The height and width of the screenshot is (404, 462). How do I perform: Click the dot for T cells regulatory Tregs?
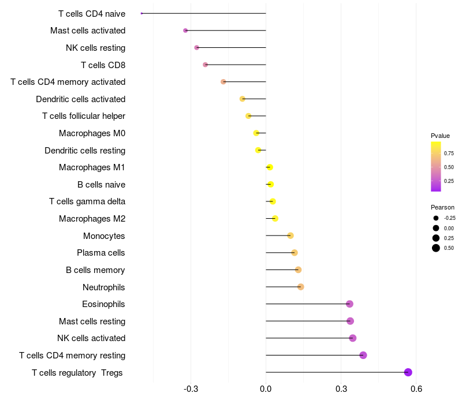point(408,372)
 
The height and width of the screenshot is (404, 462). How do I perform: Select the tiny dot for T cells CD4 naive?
point(141,13)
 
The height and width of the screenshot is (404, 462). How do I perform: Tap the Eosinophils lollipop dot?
point(349,304)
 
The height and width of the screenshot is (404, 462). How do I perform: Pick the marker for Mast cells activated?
point(185,31)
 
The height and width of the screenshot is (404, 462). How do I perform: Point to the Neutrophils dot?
point(301,287)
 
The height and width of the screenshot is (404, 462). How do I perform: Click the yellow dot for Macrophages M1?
point(270,167)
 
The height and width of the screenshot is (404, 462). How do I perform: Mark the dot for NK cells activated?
point(353,338)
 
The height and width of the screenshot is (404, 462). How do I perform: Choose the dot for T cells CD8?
point(206,65)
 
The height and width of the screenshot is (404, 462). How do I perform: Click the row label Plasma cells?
point(101,253)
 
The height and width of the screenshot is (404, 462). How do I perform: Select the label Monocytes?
point(104,236)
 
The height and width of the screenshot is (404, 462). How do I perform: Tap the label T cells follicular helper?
point(84,116)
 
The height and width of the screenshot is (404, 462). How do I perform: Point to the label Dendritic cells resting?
point(85,151)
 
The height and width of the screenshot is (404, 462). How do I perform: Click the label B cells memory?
point(96,270)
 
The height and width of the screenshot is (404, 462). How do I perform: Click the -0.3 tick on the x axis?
point(191,389)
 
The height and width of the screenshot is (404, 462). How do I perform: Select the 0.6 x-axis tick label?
point(416,389)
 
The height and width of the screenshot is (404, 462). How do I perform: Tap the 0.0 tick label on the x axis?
point(266,389)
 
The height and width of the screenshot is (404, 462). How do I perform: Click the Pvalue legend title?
point(440,136)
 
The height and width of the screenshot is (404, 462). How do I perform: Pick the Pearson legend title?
point(442,207)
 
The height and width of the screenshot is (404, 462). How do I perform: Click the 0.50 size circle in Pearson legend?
point(435,248)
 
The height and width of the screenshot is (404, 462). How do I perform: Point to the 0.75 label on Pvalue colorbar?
point(449,153)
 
